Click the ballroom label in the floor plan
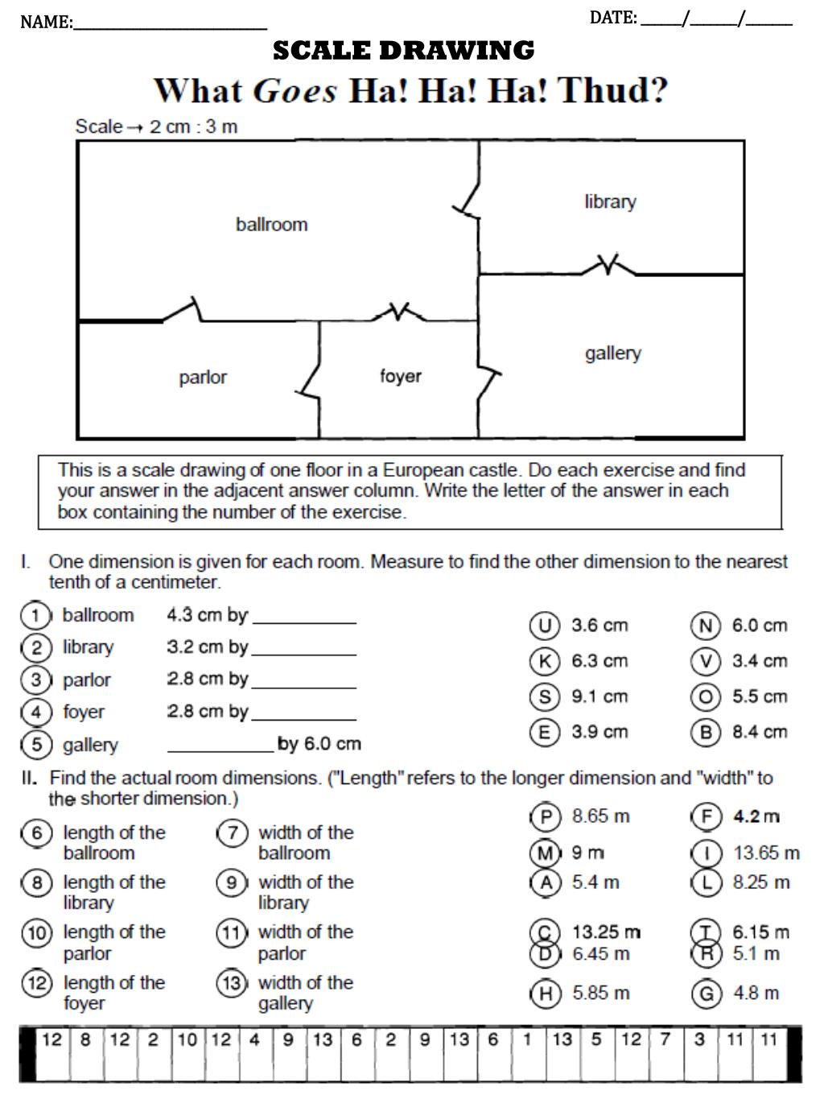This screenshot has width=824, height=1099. pos(271,225)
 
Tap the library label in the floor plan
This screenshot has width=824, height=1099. pos(610,201)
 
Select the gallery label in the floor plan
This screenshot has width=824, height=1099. pos(612,353)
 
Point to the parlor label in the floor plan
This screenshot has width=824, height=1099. pos(203,377)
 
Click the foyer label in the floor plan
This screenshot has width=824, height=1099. pos(400,376)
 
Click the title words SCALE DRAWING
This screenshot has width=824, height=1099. pos(403,51)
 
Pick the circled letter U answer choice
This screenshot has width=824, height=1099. pos(544,626)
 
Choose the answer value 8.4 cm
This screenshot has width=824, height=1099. pos(759,732)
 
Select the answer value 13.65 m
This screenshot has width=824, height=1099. pos(766,852)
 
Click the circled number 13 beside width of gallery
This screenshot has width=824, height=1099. pos(231,983)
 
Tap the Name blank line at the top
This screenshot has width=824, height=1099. pos(170,24)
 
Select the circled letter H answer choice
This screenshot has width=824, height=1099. pos(545,994)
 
